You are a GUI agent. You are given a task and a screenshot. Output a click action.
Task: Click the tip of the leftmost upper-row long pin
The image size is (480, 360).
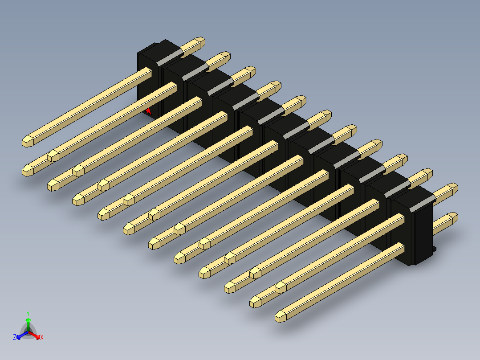coord(28,141)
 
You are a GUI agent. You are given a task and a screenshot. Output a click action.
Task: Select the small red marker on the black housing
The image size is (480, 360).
coord(149,111)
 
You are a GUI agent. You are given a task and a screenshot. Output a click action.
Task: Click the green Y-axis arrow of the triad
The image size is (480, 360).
coord(28,321)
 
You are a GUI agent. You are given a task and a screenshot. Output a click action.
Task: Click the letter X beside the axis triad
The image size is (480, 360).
coord(42,338)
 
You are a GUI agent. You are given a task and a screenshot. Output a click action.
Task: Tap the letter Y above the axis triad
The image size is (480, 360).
coord(28,313)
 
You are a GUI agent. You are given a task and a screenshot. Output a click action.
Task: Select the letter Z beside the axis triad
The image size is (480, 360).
coord(15,338)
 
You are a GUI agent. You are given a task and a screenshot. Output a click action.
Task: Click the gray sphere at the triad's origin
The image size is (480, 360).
coord(28,331)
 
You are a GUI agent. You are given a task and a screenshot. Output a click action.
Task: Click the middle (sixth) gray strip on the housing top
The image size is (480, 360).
coord(297,129)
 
